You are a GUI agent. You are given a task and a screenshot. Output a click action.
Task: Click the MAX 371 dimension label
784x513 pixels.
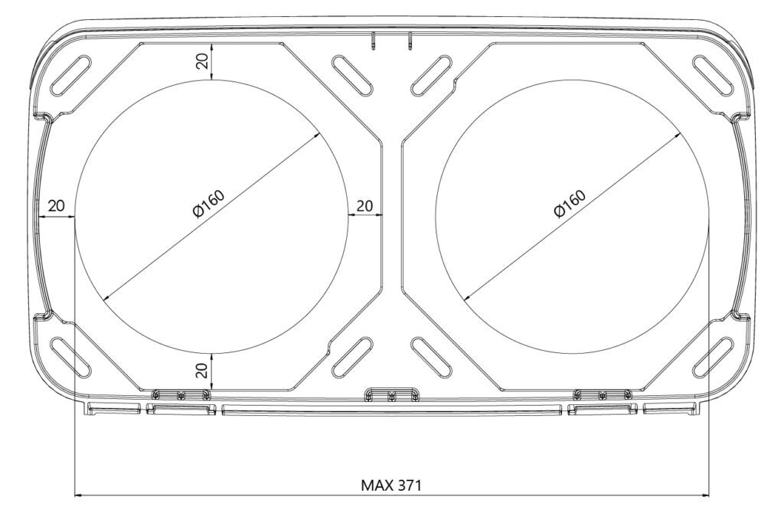[x=391, y=485]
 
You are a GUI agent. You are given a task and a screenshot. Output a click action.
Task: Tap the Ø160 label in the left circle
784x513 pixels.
[x=208, y=204]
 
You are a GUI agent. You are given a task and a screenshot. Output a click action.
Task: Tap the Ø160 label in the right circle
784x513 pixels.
[x=570, y=204]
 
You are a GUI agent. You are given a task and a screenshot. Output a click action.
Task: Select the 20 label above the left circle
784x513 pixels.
[x=201, y=61]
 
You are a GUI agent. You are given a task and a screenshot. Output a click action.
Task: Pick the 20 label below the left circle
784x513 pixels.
[x=201, y=371]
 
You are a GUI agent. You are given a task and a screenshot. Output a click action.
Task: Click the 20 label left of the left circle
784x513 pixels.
[x=56, y=205]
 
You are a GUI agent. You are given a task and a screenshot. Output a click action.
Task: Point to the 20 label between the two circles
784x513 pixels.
[x=364, y=205]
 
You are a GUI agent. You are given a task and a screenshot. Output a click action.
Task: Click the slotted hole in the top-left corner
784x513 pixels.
[x=71, y=75]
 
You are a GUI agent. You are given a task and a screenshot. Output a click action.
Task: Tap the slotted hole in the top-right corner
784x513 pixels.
[x=713, y=75]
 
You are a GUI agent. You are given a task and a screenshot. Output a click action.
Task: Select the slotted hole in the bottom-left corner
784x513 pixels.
[x=71, y=358]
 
